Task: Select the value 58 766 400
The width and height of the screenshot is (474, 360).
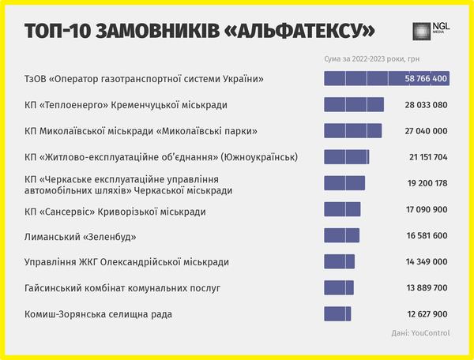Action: [427, 79]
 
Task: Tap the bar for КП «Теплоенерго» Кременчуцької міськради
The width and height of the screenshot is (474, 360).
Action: [353, 105]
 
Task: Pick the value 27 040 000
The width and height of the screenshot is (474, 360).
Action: [427, 131]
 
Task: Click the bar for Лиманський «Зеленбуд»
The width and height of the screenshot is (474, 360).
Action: [341, 235]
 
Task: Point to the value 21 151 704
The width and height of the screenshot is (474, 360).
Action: [427, 157]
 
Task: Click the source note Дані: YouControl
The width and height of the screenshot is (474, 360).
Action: [420, 333]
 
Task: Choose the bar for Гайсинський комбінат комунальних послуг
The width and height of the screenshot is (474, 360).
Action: [339, 287]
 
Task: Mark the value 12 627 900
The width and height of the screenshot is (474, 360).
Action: [427, 313]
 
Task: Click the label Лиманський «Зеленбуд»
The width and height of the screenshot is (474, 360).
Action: [81, 236]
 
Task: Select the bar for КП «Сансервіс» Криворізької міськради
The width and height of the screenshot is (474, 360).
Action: [342, 209]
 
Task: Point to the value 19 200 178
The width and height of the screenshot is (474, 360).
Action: [427, 183]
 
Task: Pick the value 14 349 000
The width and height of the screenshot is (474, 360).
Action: [427, 261]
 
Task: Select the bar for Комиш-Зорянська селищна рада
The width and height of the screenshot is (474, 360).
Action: [337, 313]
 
